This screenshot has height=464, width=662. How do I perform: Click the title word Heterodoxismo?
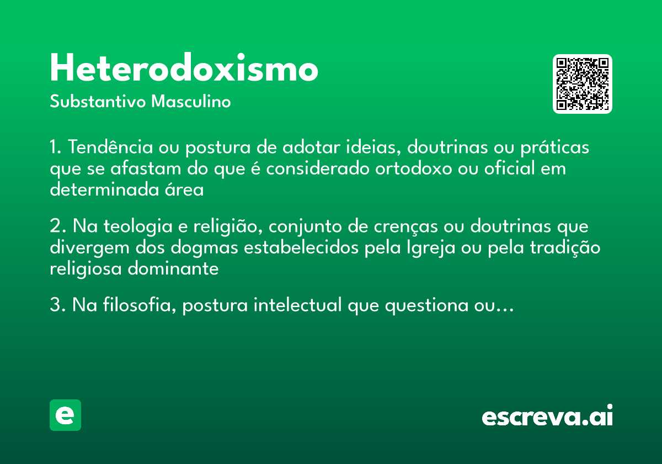pyautogui.click(x=184, y=69)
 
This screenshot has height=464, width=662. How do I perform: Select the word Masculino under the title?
pyautogui.click(x=191, y=102)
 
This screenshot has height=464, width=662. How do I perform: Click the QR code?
pyautogui.click(x=583, y=84)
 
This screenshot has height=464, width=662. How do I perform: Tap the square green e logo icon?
pyautogui.click(x=65, y=415)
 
